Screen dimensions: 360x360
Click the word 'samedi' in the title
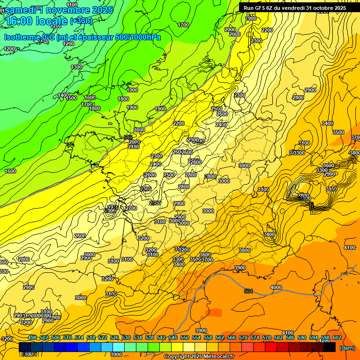(x=20, y=9)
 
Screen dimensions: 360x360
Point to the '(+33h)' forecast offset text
(x=81, y=21)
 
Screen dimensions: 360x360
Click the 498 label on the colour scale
(x=32, y=337)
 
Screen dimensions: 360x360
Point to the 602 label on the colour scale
(x=337, y=337)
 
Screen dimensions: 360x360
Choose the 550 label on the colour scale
(x=185, y=337)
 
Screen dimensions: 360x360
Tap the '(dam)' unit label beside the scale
(x=347, y=348)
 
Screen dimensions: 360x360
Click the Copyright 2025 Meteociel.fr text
(x=199, y=357)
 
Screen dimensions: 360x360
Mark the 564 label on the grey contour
(x=248, y=291)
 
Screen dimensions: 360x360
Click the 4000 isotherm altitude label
(x=276, y=287)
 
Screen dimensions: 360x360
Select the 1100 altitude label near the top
(x=72, y=5)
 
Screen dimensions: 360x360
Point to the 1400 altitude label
(x=63, y=95)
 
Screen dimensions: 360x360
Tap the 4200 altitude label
(x=324, y=340)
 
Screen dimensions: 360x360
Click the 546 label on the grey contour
(x=127, y=137)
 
